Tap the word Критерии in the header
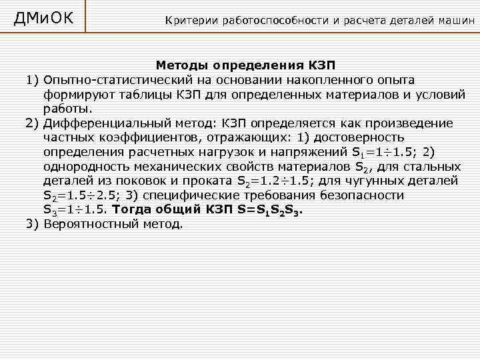pyautogui.click(x=189, y=20)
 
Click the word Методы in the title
pyautogui.click(x=182, y=66)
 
